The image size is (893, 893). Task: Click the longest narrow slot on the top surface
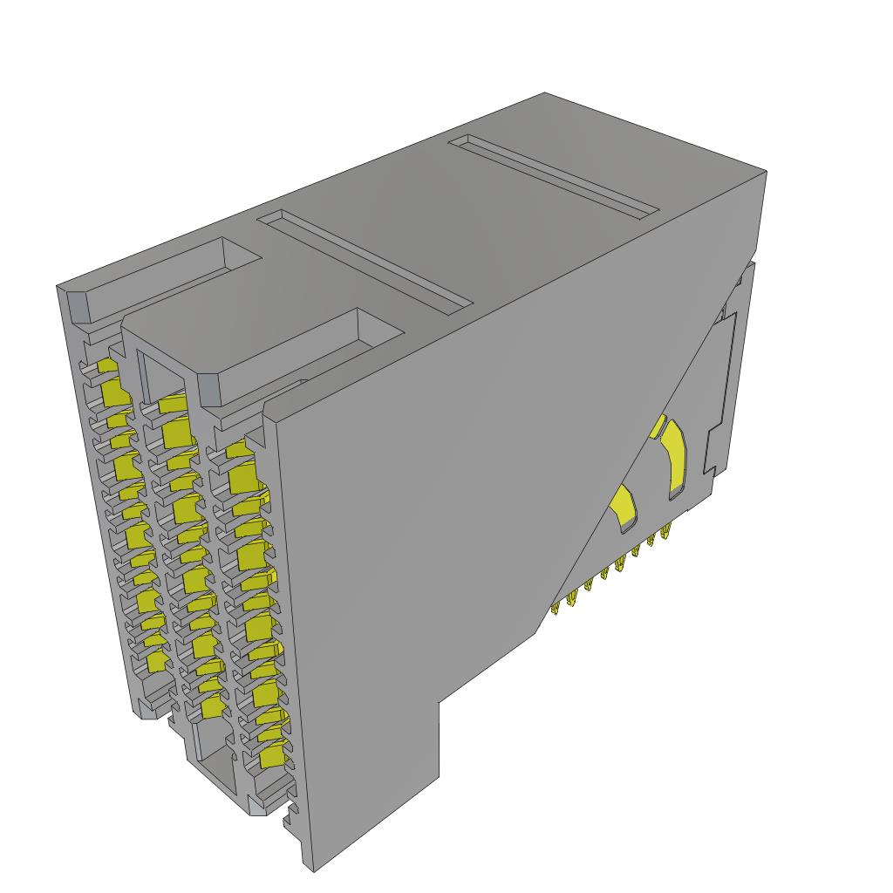click(x=365, y=259)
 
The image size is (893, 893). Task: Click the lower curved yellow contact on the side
click(x=625, y=508)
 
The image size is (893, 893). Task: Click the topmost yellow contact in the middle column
click(x=173, y=403)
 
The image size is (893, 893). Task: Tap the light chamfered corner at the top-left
click(x=76, y=304)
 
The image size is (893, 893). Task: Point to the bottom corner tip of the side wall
click(x=313, y=869)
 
